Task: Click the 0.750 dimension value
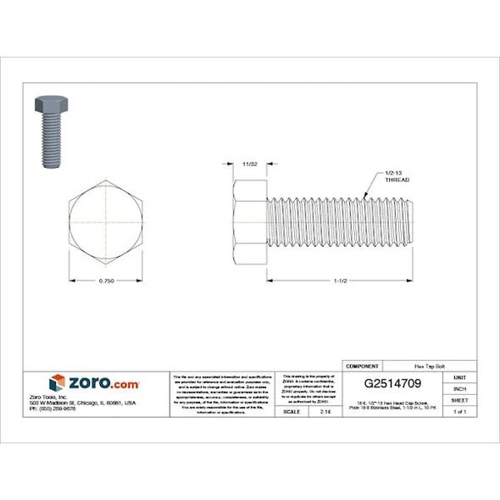[106, 280]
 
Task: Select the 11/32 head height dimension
[249, 161]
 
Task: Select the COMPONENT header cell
[362, 365]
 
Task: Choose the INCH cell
[459, 388]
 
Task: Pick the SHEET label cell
[459, 399]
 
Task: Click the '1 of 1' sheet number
[459, 411]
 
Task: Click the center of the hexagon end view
[106, 221]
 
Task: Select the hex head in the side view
[249, 222]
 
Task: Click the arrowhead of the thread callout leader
[363, 194]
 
